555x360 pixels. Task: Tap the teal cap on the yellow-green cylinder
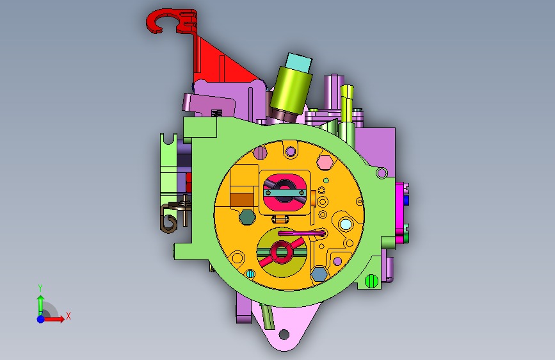point(299,63)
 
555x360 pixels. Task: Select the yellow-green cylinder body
point(291,90)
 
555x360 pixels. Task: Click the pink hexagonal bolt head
point(325,163)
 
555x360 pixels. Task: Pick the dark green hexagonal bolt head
point(248,217)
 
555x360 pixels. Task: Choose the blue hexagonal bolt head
point(319,274)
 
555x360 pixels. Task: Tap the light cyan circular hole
point(346,224)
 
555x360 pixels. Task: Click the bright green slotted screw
point(371,281)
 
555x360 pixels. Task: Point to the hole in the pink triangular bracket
point(284,334)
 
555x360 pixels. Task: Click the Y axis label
point(40,288)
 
